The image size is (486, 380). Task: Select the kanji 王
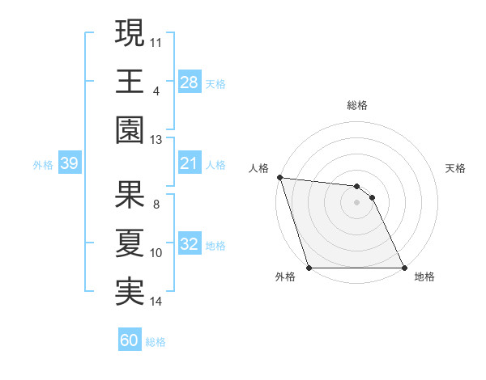click(130, 81)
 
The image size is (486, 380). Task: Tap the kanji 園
click(130, 129)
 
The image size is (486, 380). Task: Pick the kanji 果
click(130, 194)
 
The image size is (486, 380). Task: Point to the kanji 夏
click(130, 243)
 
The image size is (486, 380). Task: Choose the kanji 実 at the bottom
click(130, 291)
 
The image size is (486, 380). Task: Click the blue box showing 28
click(190, 82)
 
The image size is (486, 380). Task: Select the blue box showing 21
click(190, 164)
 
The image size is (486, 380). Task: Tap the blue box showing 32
click(190, 245)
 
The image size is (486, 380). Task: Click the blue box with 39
click(69, 164)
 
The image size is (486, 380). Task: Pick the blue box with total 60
click(130, 340)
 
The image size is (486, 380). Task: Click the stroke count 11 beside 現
click(156, 40)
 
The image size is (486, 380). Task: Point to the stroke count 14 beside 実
click(156, 302)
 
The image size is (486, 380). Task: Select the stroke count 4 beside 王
click(156, 90)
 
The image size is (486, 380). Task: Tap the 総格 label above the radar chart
click(357, 105)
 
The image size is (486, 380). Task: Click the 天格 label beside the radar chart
click(456, 168)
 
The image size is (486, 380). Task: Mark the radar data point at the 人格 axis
click(279, 177)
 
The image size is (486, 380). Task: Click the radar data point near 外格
click(309, 268)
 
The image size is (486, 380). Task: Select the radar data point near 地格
click(404, 268)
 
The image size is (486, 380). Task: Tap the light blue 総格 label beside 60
click(156, 342)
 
